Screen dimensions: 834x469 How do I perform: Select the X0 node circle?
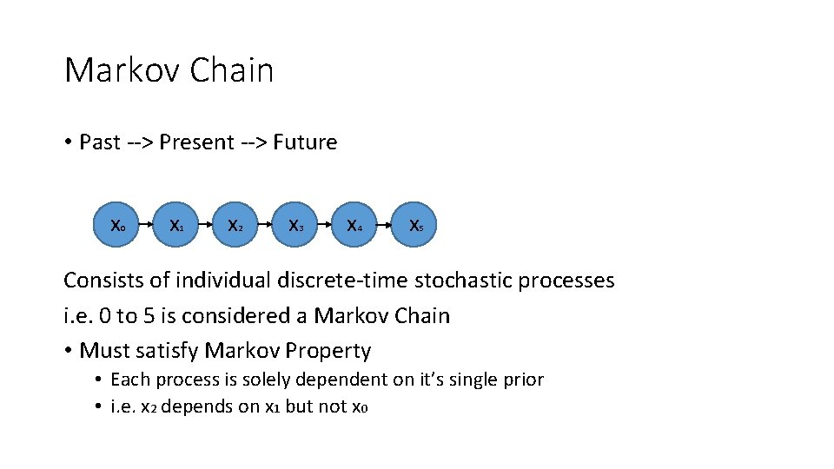[118, 226]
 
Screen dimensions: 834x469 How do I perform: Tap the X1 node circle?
[176, 226]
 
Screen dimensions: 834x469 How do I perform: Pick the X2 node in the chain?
[235, 226]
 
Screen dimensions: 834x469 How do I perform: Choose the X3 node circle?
[295, 226]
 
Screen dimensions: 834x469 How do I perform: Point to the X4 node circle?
[354, 226]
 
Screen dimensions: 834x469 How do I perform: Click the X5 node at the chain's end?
[415, 226]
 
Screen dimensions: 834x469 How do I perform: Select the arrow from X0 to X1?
[148, 226]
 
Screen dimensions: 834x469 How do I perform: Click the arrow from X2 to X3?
[265, 226]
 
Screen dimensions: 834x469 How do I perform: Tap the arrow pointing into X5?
[385, 226]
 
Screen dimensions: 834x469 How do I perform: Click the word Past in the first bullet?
[100, 142]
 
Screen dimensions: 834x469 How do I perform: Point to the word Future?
[305, 142]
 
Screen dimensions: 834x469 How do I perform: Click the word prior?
[523, 380]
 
